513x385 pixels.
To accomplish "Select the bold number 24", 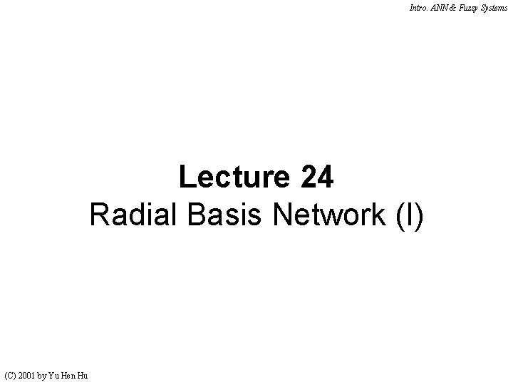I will [x=317, y=177].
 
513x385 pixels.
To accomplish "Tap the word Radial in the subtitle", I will [x=133, y=215].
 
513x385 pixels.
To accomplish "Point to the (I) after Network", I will [x=410, y=215].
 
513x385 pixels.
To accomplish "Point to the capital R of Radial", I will [x=99, y=215].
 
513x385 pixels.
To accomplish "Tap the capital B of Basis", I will [x=197, y=215].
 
